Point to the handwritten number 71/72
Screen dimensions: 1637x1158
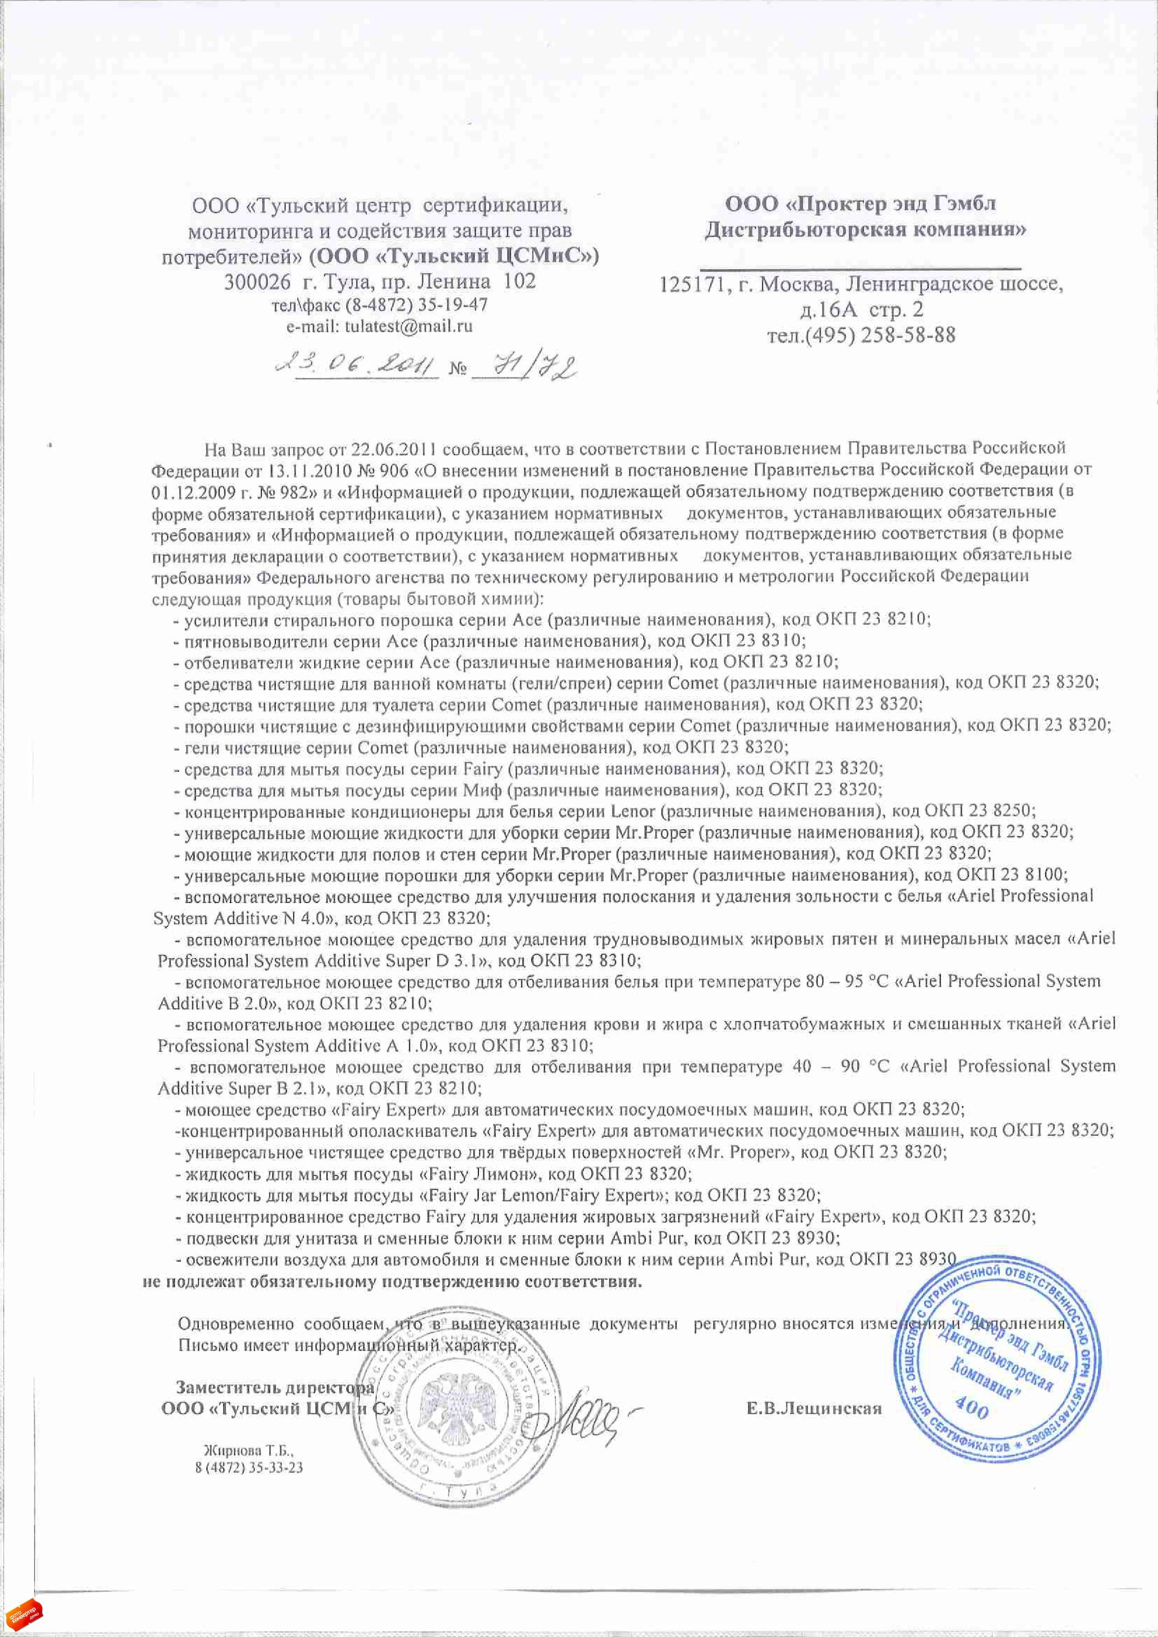click(x=525, y=367)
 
